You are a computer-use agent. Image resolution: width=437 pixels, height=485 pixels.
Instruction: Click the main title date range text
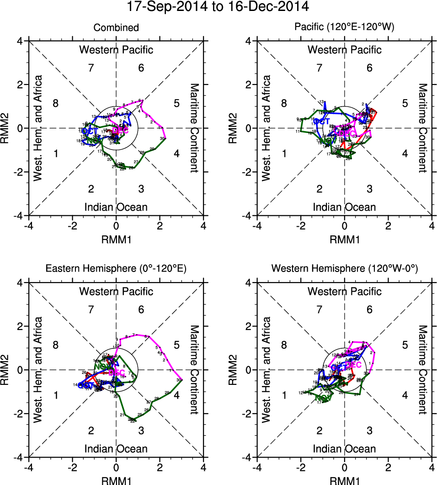(x=218, y=7)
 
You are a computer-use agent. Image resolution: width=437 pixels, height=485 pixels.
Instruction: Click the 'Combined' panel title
(x=116, y=28)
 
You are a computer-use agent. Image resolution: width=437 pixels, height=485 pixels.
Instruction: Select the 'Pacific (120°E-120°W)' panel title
(x=344, y=28)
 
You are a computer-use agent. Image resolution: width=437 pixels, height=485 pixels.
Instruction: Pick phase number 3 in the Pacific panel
(x=369, y=188)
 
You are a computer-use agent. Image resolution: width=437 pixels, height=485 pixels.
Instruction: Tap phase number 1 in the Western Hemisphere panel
(x=284, y=395)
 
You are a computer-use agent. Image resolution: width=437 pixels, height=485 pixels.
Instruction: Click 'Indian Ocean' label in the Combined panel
(x=116, y=207)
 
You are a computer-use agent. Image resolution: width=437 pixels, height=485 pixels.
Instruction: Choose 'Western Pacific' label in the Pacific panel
(x=344, y=50)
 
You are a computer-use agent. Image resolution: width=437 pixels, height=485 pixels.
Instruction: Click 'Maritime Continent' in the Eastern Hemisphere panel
(x=194, y=369)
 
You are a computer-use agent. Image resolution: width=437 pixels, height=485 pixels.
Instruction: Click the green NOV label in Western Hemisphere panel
(x=323, y=398)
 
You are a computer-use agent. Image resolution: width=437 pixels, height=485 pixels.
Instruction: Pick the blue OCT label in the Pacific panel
(x=321, y=122)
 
